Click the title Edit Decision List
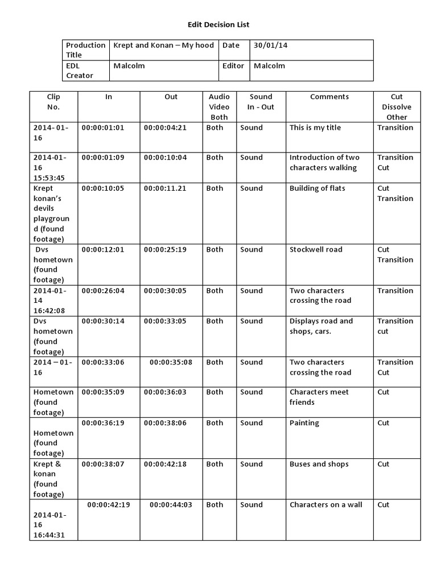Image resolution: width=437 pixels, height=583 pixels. (x=218, y=24)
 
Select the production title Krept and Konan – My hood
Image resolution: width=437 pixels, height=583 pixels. (x=163, y=45)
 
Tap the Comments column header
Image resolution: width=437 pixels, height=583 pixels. (x=329, y=97)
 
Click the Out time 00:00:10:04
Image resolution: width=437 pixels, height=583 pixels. (x=165, y=157)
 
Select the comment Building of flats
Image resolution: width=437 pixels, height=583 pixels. (x=317, y=188)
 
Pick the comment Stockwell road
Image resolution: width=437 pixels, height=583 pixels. (x=316, y=249)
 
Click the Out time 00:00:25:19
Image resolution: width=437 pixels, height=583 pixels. (x=165, y=249)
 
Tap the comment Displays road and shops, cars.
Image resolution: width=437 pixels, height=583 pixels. (x=321, y=326)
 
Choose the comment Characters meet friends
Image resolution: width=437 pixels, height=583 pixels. (x=319, y=397)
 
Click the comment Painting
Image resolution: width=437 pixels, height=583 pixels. (x=304, y=423)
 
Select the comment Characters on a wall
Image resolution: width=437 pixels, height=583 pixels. (x=325, y=504)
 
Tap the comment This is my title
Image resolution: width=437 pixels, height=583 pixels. (x=315, y=128)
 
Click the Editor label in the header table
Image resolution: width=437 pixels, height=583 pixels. (x=233, y=65)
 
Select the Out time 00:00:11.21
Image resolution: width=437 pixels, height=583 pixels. (x=165, y=188)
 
